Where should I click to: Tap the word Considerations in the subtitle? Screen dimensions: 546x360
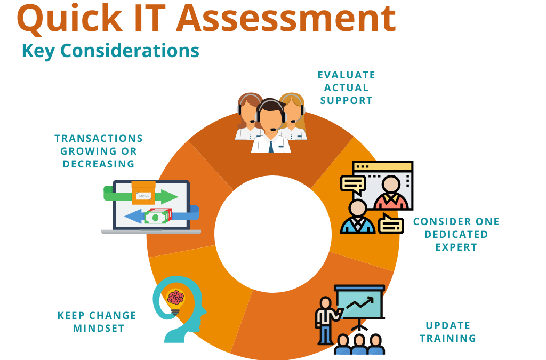tap(130, 51)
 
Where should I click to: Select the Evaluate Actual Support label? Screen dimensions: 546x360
tap(347, 88)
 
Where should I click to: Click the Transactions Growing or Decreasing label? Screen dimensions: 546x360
tap(99, 151)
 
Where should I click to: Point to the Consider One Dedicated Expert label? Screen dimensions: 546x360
tap(456, 234)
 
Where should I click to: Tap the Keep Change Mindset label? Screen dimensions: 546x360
tap(97, 322)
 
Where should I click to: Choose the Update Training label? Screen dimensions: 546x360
tap(448, 332)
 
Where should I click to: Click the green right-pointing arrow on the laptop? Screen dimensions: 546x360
tap(166, 196)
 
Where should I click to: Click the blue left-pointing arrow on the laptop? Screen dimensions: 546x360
tap(136, 217)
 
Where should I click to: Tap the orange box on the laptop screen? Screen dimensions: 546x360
tap(143, 193)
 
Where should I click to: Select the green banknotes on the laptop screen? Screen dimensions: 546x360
tap(158, 216)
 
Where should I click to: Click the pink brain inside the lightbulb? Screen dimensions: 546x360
tap(175, 298)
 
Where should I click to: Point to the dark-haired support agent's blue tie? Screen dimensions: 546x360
tap(271, 146)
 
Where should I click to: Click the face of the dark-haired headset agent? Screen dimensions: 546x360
tap(271, 117)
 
